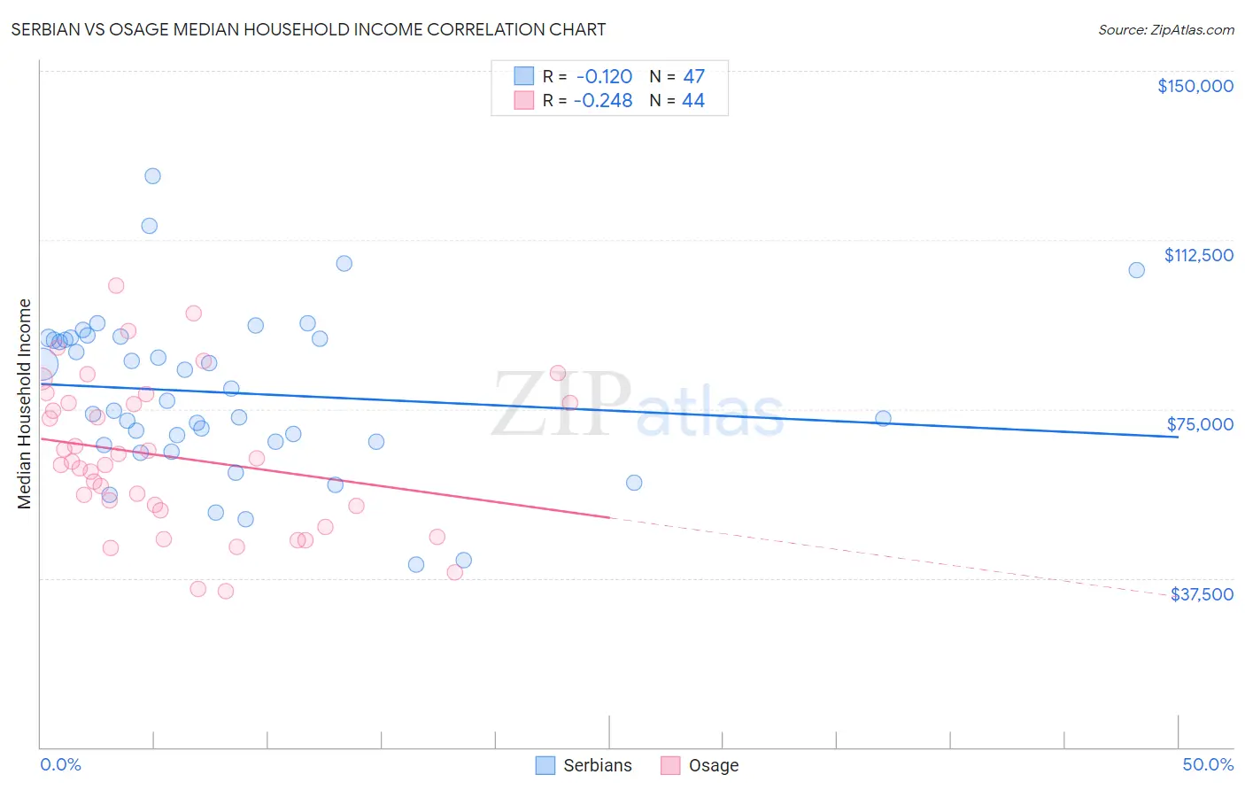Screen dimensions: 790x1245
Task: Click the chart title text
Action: pos(308,29)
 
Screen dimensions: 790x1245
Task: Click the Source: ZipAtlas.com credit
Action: pos(1165,30)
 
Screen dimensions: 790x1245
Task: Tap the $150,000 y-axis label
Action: pos(1195,86)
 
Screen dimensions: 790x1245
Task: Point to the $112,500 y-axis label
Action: pos(1198,255)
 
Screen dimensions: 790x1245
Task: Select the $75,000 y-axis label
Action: pos(1200,424)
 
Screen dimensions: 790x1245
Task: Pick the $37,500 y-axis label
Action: pos(1202,594)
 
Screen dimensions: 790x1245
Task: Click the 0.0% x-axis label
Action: pos(60,764)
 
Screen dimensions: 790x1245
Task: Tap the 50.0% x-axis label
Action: pos(1208,764)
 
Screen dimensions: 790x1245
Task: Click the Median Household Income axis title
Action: pos(25,404)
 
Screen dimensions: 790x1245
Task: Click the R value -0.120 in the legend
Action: pos(604,77)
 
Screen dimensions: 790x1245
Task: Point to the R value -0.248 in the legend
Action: pos(603,101)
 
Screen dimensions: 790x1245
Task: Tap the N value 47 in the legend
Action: pos(693,77)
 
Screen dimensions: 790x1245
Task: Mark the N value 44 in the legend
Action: pos(693,101)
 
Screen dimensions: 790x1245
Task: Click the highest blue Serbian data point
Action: pos(152,176)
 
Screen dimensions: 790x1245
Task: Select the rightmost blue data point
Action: pos(1136,270)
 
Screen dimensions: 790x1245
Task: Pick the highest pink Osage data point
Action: pos(116,285)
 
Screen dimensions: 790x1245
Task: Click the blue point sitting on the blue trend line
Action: pos(883,418)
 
